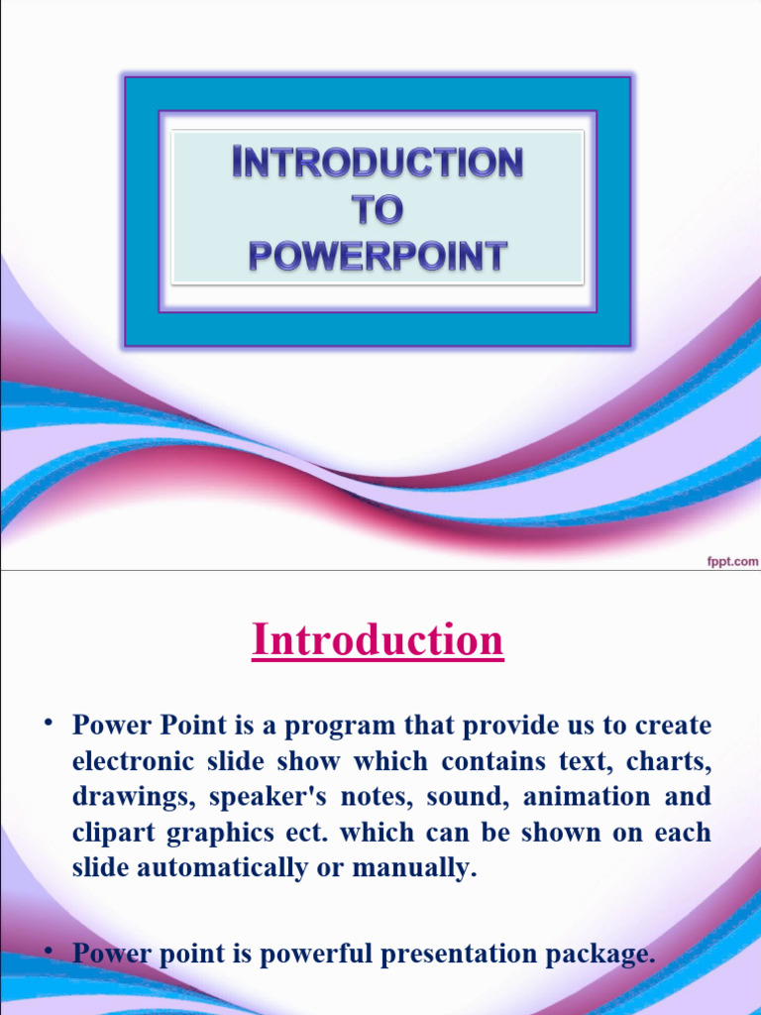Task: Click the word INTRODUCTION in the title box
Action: click(378, 164)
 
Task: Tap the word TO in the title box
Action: click(378, 210)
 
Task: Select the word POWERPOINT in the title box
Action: click(378, 257)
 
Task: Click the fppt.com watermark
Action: click(731, 560)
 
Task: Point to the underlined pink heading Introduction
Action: click(378, 640)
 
